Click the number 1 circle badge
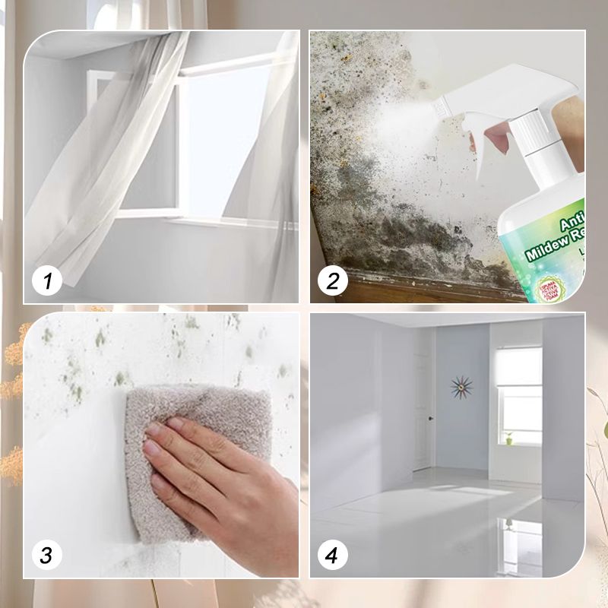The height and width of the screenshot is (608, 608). pos(47,282)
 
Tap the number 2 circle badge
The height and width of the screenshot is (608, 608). pos(332,282)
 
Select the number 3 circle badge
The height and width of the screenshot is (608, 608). pos(47,555)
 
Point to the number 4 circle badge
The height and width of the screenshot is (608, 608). pos(332,555)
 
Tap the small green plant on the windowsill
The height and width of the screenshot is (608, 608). pos(508,438)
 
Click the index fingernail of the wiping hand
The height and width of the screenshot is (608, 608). pos(152,430)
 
